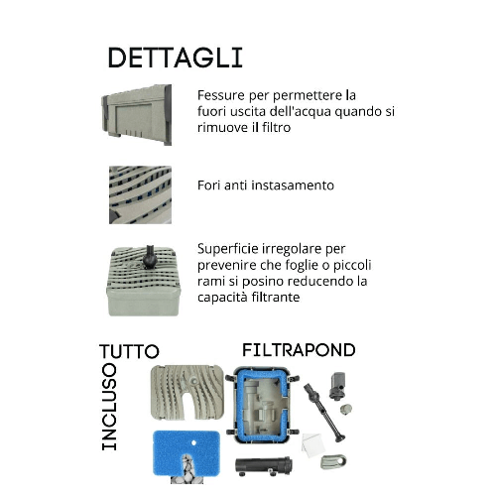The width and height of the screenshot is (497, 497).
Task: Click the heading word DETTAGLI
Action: (174, 57)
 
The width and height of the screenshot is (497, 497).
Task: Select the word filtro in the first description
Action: (283, 129)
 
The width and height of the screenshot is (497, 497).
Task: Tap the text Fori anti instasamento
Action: (265, 186)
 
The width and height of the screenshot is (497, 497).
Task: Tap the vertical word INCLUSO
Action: (109, 407)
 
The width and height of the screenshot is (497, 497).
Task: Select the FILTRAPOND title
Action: (299, 350)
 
